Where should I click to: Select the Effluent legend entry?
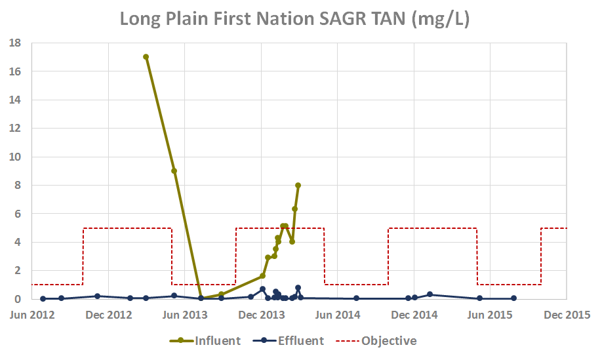point(289,340)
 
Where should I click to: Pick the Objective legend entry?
point(380,340)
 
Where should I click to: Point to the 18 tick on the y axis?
point(16,43)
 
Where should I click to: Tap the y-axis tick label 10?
point(16,157)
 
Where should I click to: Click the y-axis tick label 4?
point(18,242)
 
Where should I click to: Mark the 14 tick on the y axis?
point(16,100)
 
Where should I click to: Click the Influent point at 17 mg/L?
point(146,57)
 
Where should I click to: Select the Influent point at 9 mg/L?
point(174,170)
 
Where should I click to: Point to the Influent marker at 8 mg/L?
point(298,185)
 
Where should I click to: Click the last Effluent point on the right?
point(513,298)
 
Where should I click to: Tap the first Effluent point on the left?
point(43,298)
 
